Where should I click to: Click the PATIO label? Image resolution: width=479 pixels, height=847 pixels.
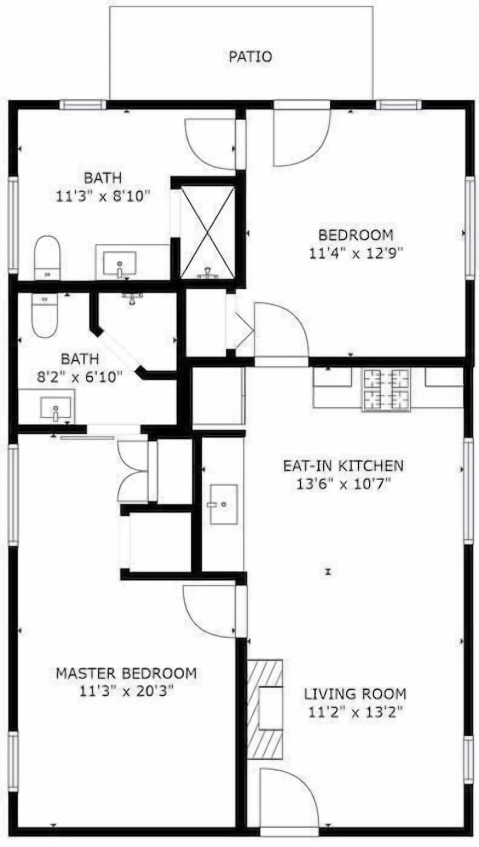click(250, 57)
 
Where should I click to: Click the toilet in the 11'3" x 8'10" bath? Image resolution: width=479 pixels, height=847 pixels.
click(47, 258)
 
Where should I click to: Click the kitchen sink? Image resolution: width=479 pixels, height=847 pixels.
click(224, 504)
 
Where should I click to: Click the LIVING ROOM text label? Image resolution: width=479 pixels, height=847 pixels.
click(355, 694)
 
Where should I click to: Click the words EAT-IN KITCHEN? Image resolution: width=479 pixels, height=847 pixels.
click(344, 466)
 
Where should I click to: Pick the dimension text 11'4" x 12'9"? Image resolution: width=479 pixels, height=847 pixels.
click(355, 253)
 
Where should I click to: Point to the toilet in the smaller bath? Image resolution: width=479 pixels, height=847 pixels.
click(44, 315)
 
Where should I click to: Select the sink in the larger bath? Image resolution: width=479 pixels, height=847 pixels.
click(120, 264)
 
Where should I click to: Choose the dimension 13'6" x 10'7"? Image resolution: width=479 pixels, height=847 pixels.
click(344, 484)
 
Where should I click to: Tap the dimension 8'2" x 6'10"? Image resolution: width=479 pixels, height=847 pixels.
click(80, 377)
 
